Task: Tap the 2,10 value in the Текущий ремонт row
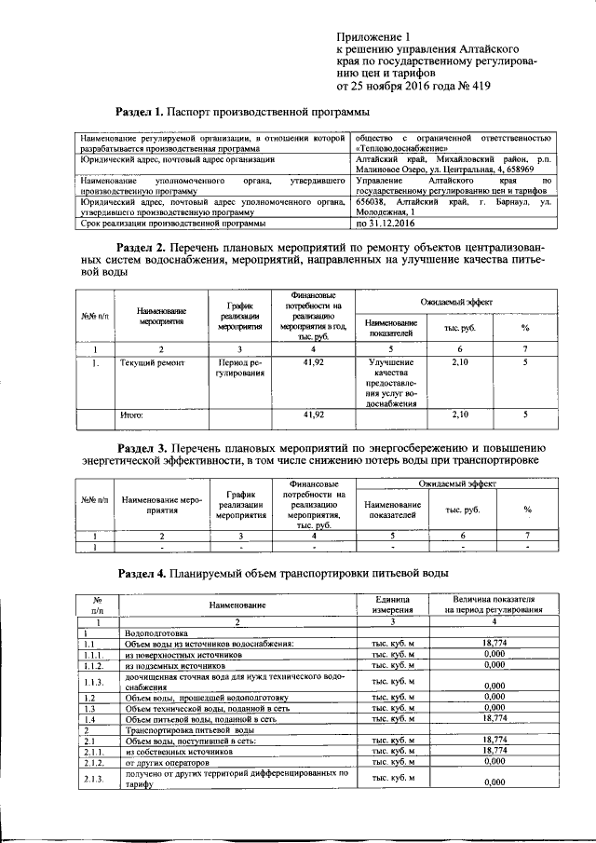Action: click(459, 362)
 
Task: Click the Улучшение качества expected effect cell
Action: click(390, 382)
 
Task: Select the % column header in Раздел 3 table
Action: click(526, 510)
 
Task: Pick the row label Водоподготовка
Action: click(155, 633)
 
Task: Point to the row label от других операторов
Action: click(168, 761)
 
